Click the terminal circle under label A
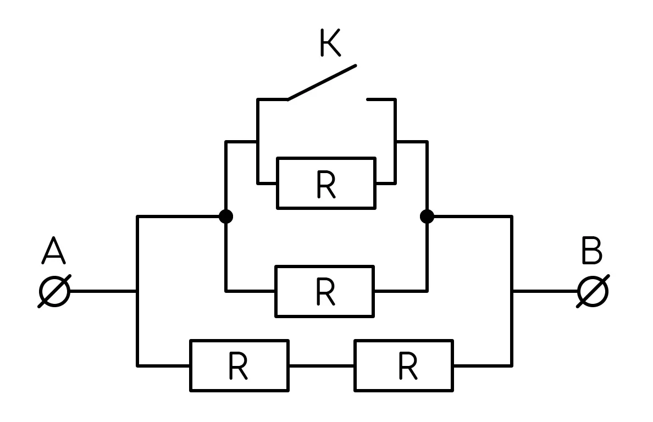tap(54, 291)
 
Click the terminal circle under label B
tap(593, 291)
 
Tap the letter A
tap(54, 250)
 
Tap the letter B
tap(592, 250)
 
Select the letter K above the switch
tap(331, 42)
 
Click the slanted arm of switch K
tap(322, 82)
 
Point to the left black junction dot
tap(226, 216)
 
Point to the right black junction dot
tap(427, 216)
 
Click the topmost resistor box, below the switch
tap(326, 183)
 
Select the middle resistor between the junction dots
tap(325, 291)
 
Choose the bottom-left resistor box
tap(240, 366)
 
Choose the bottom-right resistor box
tap(404, 366)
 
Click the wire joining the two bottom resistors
tap(322, 366)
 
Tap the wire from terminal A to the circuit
tap(103, 291)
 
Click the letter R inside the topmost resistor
tap(326, 185)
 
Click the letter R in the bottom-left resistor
tap(239, 366)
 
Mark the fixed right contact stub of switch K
tap(380, 99)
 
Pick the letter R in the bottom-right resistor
tap(408, 366)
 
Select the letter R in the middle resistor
tap(325, 292)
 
